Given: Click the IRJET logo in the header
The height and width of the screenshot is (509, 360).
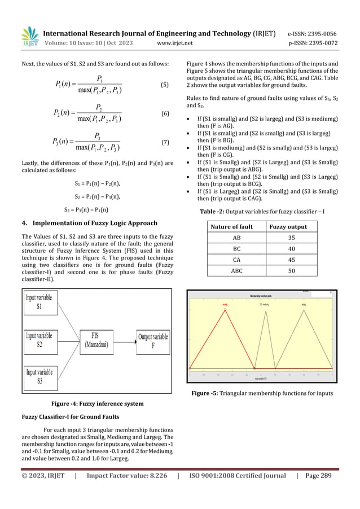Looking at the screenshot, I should (x=29, y=36).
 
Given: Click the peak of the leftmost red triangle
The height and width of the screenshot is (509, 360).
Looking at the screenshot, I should (x=225, y=309).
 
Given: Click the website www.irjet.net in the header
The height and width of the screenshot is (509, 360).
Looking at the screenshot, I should (x=175, y=42).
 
